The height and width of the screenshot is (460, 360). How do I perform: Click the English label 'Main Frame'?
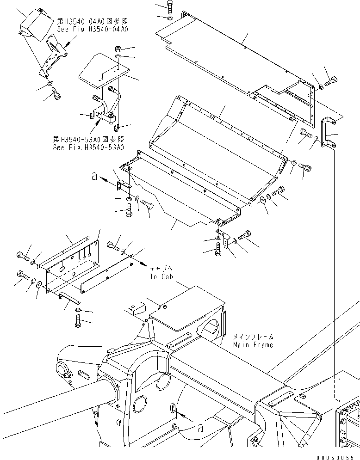coord(253,345)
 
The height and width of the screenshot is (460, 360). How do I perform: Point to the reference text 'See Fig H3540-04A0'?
coord(93,29)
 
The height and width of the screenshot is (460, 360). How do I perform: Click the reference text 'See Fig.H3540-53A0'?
coord(88,147)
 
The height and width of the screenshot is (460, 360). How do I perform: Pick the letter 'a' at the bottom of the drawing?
coord(200,428)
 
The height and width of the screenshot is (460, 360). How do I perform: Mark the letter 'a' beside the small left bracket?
coord(95,176)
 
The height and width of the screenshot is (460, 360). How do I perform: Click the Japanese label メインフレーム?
coord(253,337)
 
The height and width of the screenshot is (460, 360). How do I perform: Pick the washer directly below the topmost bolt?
coord(169,18)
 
